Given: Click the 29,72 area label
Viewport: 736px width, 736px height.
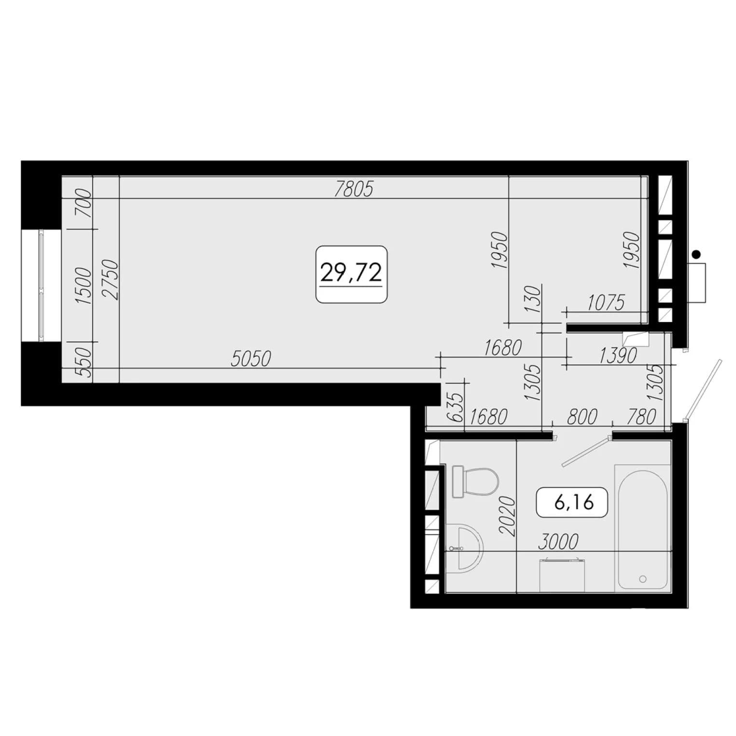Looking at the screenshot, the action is click(351, 274).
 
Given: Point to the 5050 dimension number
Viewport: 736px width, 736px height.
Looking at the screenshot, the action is click(251, 359).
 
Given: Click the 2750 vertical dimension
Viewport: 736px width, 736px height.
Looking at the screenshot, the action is click(111, 280).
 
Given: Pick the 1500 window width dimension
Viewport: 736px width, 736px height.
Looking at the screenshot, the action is click(83, 285).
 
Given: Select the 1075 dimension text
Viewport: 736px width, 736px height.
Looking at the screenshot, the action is click(606, 303).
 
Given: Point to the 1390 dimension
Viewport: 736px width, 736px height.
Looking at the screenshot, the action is click(618, 356).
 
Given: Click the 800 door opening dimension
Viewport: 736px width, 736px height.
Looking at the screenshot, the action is click(582, 417).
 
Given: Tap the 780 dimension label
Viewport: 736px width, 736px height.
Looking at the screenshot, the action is click(641, 417).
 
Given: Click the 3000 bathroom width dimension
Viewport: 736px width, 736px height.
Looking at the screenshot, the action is click(558, 542).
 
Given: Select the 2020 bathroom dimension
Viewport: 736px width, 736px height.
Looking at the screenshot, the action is click(508, 516).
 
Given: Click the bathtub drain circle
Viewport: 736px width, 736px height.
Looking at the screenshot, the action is click(642, 578).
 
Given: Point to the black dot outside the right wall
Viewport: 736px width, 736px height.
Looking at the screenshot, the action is click(696, 254).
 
